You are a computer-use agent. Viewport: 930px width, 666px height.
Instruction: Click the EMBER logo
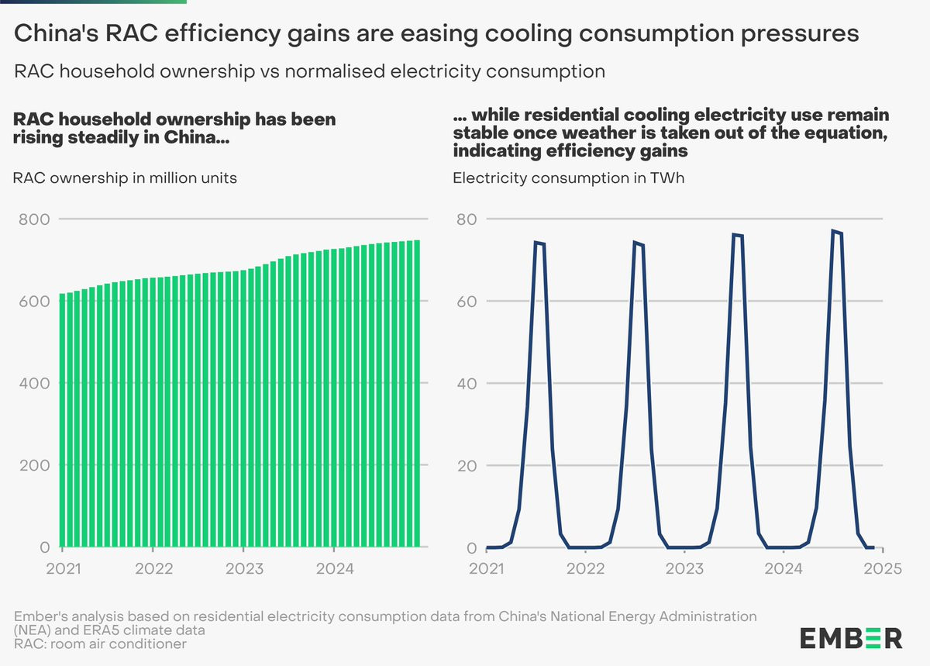(851, 638)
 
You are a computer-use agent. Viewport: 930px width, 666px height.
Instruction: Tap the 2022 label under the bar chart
(153, 568)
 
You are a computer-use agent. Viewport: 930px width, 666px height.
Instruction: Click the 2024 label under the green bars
(335, 568)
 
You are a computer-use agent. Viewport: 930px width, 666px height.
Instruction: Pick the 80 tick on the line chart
(465, 219)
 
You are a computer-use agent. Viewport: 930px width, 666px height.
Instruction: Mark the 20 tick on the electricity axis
(465, 466)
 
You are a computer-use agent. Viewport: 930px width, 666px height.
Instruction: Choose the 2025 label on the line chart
(882, 568)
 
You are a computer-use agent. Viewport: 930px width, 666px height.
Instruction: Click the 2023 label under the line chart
(684, 568)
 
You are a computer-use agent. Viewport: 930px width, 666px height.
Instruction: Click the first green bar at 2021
(63, 419)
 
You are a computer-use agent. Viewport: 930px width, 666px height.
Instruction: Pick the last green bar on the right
(417, 395)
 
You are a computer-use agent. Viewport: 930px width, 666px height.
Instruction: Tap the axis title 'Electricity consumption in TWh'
(568, 178)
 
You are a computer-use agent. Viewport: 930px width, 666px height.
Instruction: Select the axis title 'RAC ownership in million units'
(125, 178)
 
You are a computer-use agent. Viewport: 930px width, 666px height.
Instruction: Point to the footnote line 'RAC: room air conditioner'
(100, 644)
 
